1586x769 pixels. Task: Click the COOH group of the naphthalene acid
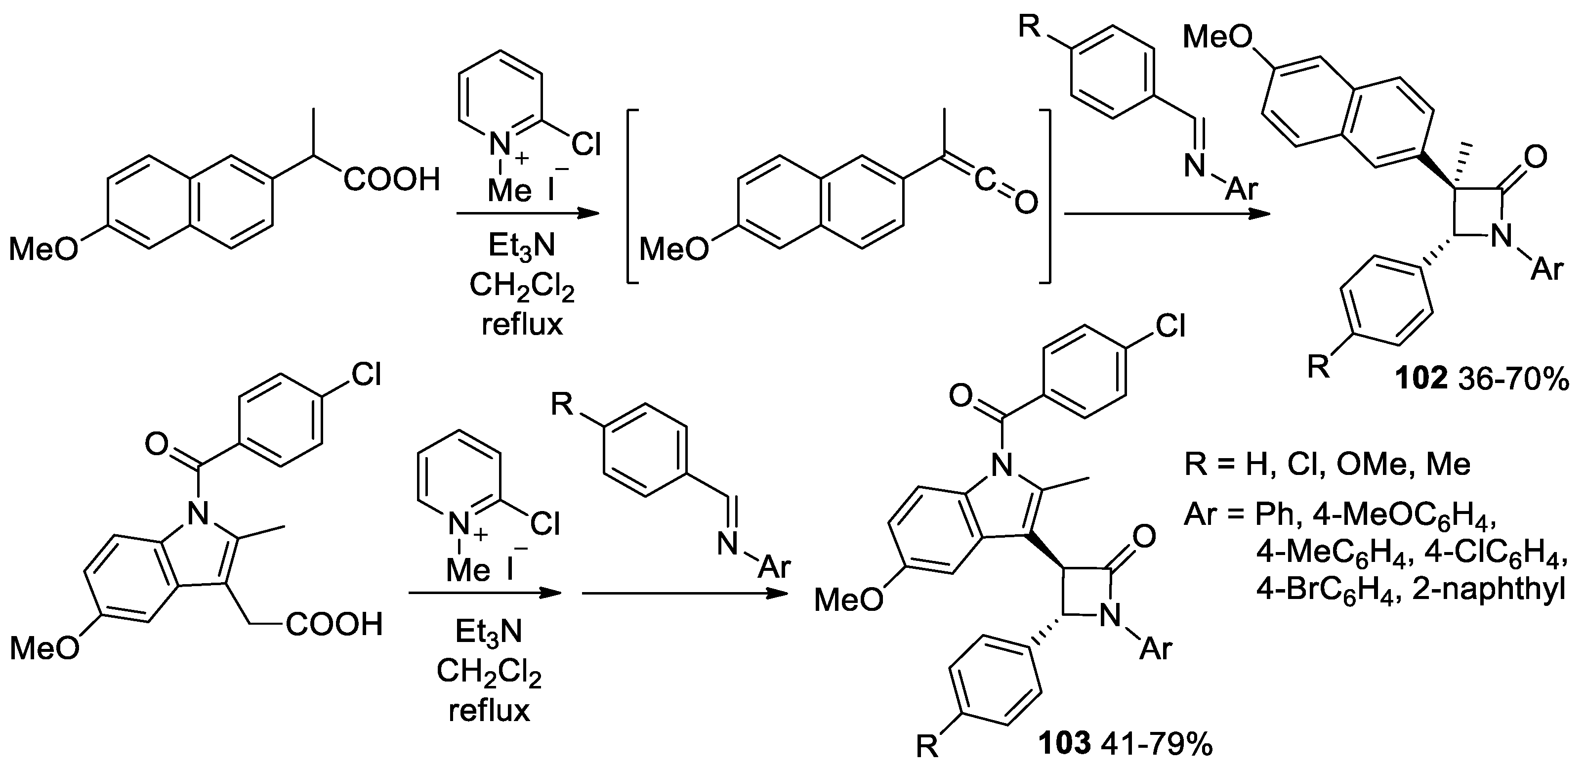pos(392,180)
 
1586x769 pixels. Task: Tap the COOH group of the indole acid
pos(334,624)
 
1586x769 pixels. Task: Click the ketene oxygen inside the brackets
pos(1025,203)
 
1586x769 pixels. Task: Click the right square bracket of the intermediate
pos(1045,197)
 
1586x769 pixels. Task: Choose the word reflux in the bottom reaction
pos(489,711)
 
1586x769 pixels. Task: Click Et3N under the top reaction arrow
pos(521,246)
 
